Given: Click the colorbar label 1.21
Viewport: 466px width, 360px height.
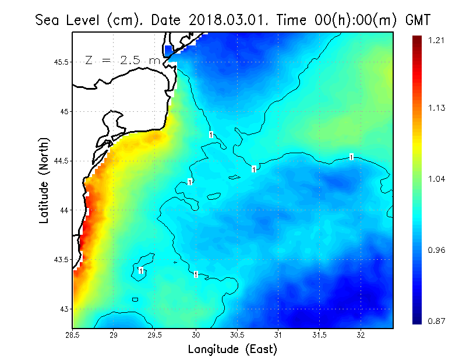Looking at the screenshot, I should pos(436,40).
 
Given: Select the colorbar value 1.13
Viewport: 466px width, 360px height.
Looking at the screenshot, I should pos(436,108).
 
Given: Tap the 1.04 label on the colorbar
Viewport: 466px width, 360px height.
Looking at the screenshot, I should pos(436,179).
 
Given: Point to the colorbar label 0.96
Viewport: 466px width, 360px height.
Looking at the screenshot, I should pos(436,250).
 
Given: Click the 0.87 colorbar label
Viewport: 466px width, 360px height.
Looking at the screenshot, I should pos(436,321).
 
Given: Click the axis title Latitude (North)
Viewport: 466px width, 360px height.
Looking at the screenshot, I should pos(44,181).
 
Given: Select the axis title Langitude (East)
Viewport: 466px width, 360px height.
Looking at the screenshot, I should pos(232,350).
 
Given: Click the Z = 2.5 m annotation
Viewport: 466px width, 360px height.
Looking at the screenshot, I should pos(122,60).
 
